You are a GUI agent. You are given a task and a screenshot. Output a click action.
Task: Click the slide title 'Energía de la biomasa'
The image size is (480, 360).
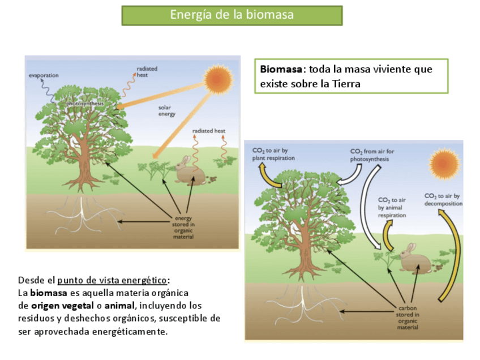click(x=232, y=15)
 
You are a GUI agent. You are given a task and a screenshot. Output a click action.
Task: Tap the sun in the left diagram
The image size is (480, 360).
click(x=218, y=79)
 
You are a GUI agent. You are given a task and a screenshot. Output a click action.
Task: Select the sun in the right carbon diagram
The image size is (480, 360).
click(x=445, y=164)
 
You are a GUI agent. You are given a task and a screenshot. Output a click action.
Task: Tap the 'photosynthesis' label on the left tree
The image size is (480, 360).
click(x=84, y=104)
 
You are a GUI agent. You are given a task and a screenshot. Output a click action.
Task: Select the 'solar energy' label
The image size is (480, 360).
click(x=166, y=110)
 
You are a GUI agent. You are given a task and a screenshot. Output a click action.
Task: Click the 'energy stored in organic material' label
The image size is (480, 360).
click(x=184, y=228)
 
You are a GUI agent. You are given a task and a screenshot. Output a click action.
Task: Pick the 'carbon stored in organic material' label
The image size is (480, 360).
click(x=408, y=318)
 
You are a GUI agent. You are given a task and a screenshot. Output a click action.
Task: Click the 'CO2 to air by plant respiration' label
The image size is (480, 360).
click(x=271, y=155)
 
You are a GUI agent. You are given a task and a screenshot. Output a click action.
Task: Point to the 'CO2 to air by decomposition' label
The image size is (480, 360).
click(x=443, y=199)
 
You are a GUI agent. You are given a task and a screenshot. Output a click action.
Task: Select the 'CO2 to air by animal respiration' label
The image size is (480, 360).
click(x=392, y=207)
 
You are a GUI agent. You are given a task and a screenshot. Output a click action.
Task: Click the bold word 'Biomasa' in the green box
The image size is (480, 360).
click(x=281, y=70)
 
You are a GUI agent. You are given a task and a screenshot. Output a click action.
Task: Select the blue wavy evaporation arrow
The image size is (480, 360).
click(x=48, y=91)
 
